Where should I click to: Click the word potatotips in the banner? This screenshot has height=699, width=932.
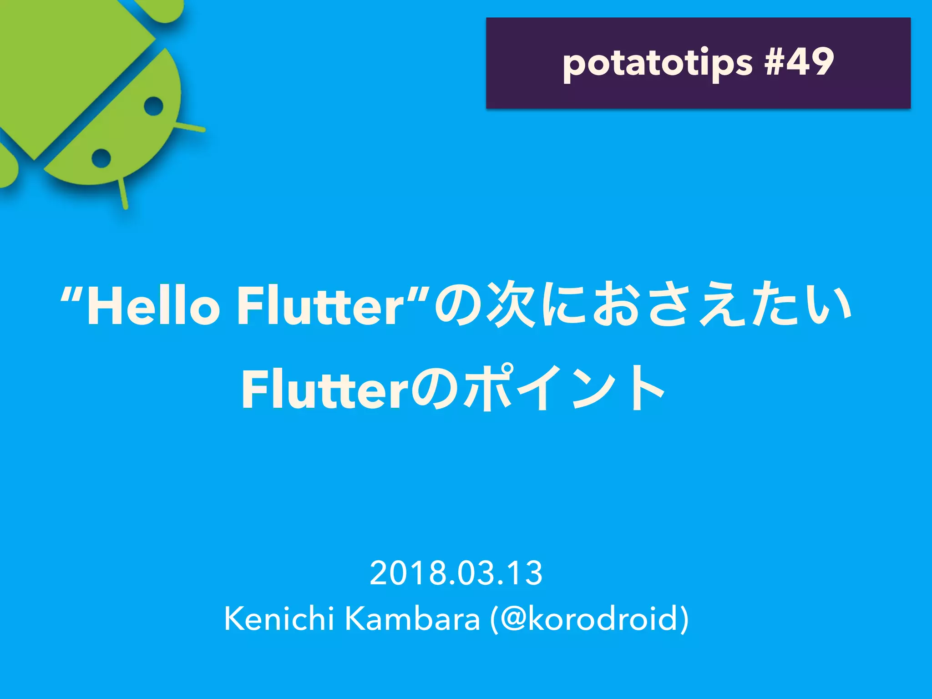[x=658, y=64]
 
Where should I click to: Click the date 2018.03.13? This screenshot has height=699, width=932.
[x=456, y=573]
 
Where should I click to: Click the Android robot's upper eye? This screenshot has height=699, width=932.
[x=153, y=106]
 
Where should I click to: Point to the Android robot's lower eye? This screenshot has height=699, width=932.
[x=101, y=158]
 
